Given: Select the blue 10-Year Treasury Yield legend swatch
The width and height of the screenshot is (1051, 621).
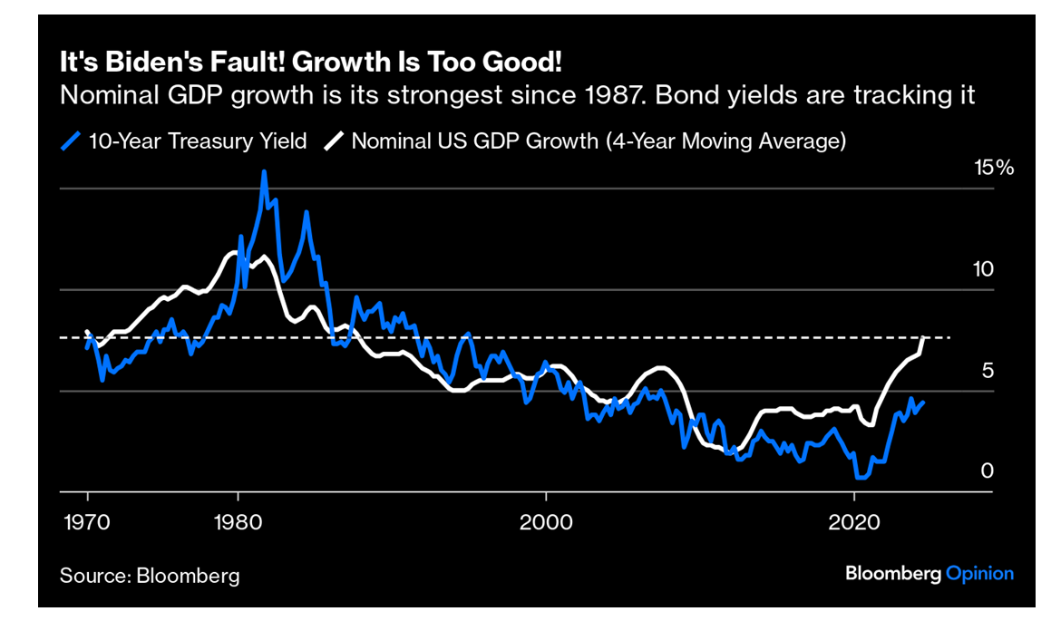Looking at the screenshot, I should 72,141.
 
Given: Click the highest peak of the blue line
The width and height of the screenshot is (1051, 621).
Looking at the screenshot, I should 264,171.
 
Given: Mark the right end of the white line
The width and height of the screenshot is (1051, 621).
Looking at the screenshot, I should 923,338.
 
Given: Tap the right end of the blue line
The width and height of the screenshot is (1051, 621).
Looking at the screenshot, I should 923,403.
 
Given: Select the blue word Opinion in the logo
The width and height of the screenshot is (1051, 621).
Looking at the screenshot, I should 979,573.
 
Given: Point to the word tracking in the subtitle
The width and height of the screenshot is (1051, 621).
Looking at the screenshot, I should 915,94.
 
